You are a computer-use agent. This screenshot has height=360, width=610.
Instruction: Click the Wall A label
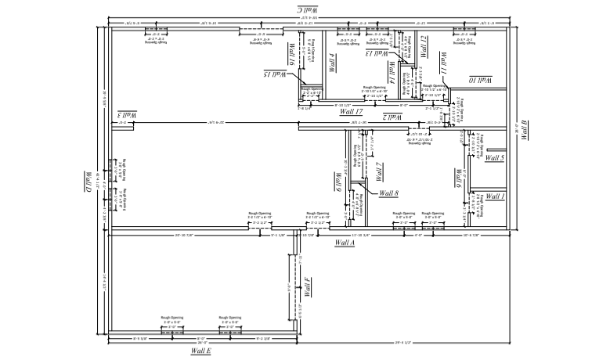point(345,243)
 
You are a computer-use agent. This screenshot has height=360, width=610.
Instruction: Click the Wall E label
point(201,351)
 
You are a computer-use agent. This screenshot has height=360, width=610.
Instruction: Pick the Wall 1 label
point(494,196)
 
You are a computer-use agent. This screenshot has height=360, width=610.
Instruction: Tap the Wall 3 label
point(128,115)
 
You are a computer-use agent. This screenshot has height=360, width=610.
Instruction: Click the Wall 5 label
point(494,158)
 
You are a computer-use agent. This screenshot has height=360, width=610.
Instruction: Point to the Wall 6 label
point(457,180)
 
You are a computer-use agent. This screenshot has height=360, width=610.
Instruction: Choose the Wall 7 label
point(378,171)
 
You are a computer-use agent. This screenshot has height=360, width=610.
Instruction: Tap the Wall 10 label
point(480,80)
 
